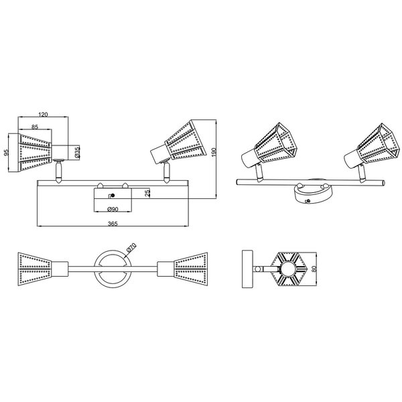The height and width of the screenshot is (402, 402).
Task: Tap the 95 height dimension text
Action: [7, 153]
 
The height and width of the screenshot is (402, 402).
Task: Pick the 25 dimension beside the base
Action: [147, 193]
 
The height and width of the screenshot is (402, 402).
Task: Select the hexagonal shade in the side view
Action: [287, 270]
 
